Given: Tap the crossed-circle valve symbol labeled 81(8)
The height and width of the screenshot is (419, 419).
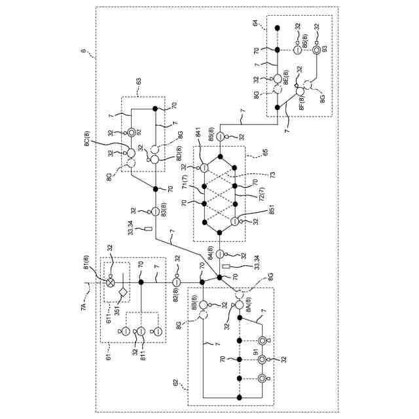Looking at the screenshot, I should click(111, 283).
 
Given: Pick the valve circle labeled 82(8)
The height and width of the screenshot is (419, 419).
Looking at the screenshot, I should click(176, 282).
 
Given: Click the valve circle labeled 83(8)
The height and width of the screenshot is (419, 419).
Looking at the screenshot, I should click(155, 211).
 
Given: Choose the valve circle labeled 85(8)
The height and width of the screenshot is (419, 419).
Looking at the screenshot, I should click(221, 136).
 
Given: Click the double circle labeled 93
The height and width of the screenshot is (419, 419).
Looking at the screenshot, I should click(316, 50).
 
